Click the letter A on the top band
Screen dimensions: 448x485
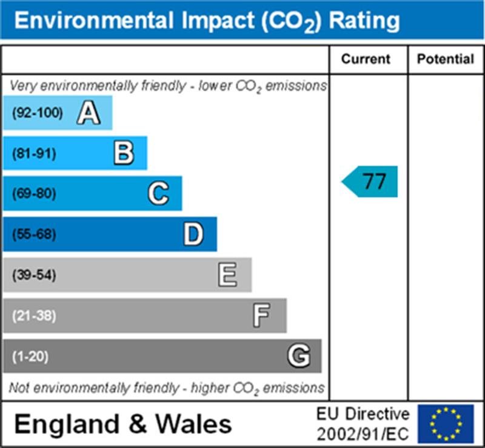click(89, 113)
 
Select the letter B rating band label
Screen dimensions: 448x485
click(124, 153)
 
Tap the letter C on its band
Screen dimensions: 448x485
click(158, 194)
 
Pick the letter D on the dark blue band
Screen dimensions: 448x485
click(193, 234)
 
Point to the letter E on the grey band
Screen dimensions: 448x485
click(228, 275)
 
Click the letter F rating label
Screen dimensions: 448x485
click(262, 315)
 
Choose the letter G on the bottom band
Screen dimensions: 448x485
click(298, 356)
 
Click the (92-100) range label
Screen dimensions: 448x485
click(37, 113)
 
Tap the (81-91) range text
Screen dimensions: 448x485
click(34, 153)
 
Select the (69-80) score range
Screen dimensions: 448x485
click(34, 194)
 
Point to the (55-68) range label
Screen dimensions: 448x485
click(34, 234)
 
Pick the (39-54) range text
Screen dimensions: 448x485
click(34, 275)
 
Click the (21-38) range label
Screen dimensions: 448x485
click(34, 315)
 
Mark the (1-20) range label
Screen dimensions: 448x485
click(30, 356)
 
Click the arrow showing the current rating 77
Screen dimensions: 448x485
click(370, 181)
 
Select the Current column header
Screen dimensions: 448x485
click(366, 59)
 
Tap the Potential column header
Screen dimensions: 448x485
click(446, 59)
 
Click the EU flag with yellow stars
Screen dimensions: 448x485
click(446, 424)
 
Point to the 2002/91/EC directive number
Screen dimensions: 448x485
click(363, 433)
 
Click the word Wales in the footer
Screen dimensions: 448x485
click(195, 424)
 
